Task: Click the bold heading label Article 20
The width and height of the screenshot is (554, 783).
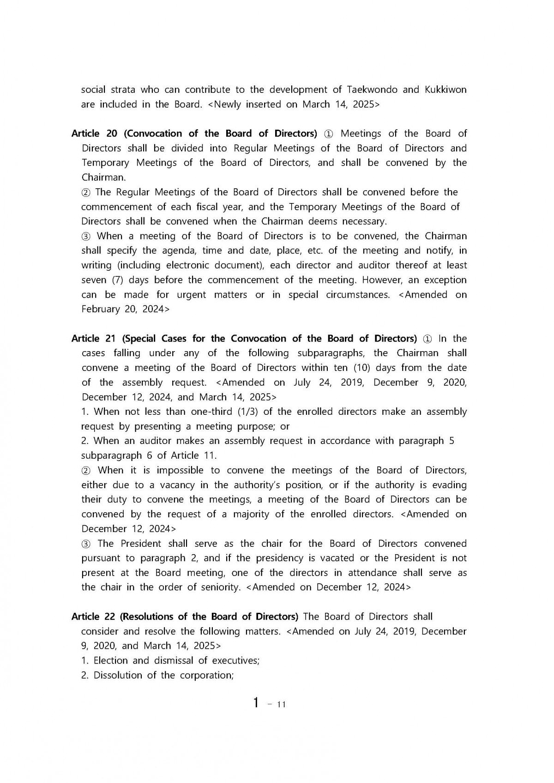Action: coord(94,134)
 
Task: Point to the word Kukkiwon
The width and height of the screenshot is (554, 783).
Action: coord(445,90)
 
